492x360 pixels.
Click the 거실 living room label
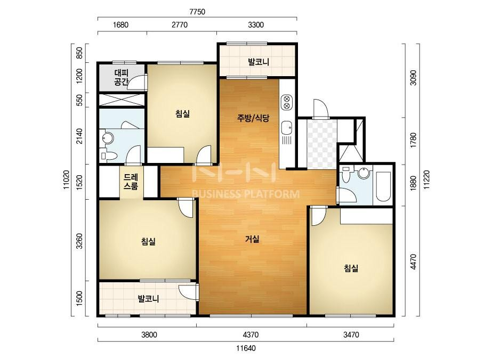coord(252,239)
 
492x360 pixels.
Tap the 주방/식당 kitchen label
coord(253,118)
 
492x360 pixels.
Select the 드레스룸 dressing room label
coord(131,182)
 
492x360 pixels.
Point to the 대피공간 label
coord(122,78)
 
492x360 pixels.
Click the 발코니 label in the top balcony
coord(259,62)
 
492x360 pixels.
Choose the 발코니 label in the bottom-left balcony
coord(149,299)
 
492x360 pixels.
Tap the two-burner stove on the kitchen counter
coord(286,102)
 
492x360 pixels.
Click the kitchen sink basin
coord(287,128)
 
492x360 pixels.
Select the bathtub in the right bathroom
coord(383,186)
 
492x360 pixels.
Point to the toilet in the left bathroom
coord(109,156)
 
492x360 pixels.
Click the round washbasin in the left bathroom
coord(108,138)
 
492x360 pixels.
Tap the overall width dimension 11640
coord(246,348)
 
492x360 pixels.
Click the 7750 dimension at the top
coord(197,12)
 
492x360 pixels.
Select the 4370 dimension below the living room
coord(251,335)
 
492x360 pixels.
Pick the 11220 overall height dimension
coord(427,179)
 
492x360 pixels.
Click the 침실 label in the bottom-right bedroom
coord(351,268)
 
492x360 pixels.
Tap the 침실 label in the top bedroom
coord(183,113)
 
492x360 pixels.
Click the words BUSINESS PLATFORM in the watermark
coord(245,194)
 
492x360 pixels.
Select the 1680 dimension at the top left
coord(120,25)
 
